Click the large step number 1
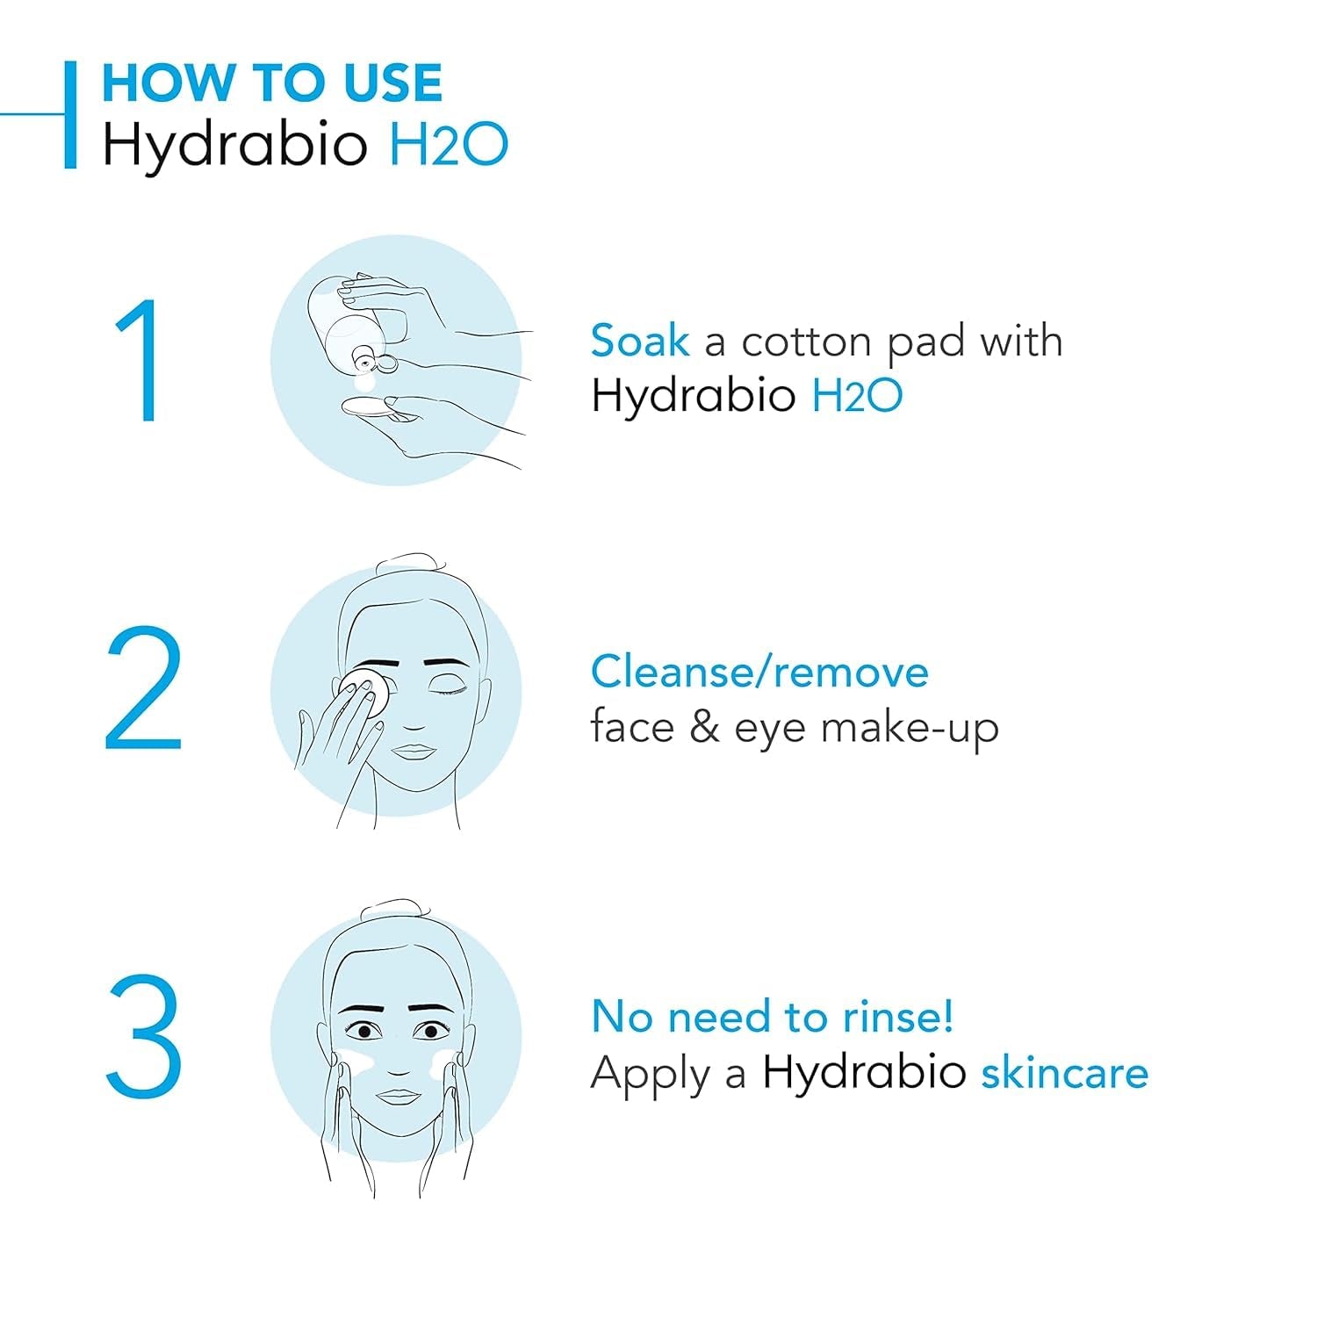coord(140,361)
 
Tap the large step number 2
coord(143,690)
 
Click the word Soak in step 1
coord(639,341)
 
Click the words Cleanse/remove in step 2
coord(759,673)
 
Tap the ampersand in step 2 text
coord(704,728)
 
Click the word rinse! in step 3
coord(897,1017)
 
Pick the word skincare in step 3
coord(1064,1073)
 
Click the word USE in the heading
coord(392,83)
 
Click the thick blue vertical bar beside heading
coord(70,114)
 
